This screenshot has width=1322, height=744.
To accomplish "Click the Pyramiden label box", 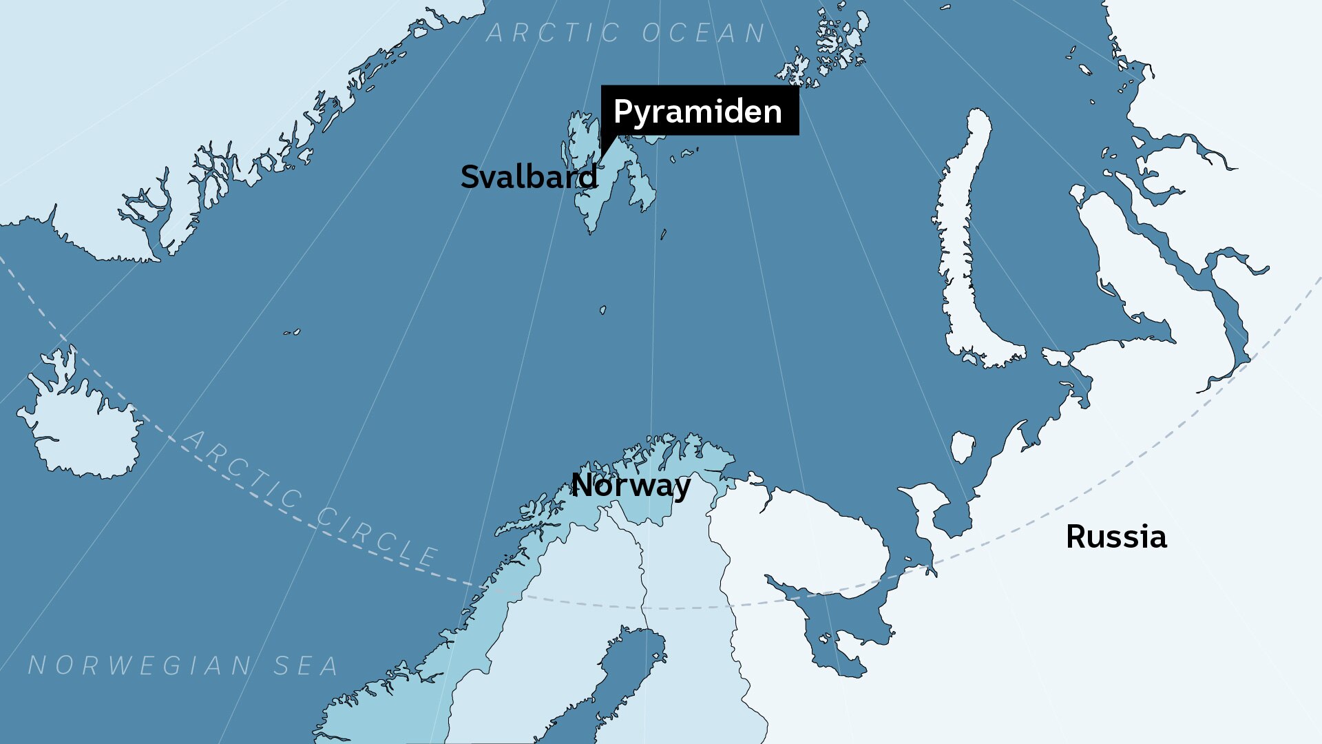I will [700, 110].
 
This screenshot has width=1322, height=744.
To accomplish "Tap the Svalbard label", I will [529, 177].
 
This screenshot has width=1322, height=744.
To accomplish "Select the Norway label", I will [631, 486].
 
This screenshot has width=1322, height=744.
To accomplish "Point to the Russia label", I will [1116, 537].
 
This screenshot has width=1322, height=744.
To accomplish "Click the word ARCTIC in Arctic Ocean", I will [554, 32].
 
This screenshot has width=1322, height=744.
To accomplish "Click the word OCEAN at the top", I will [704, 32].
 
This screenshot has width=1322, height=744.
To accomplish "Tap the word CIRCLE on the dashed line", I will [377, 535].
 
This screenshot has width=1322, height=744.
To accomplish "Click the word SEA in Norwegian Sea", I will [306, 665].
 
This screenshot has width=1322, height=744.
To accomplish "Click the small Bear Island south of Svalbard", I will [603, 310].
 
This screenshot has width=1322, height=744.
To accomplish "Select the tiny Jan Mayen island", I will [292, 333].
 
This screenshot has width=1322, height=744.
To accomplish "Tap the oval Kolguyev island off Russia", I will [963, 447].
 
